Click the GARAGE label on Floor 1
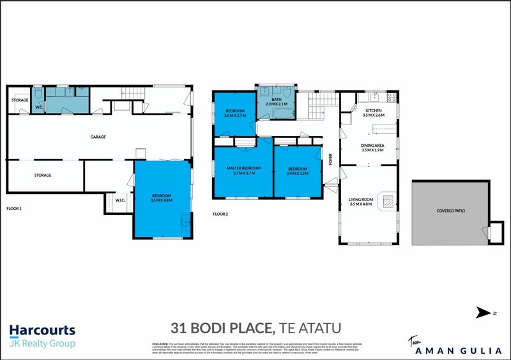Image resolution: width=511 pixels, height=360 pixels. tap(98, 137)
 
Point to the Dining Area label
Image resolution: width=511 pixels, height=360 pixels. tap(373, 148)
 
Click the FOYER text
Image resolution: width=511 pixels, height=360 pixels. tap(331, 159)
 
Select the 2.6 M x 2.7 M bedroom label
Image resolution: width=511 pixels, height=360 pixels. tap(235, 113)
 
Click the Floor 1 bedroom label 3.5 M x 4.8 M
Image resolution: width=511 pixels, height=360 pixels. tap(162, 198)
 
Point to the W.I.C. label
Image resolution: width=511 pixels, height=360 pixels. tap(120, 200)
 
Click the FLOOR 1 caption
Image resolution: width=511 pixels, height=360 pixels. tap(14, 208)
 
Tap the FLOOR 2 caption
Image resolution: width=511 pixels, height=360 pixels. tap(220, 214)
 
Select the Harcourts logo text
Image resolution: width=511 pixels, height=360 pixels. tap(42, 331)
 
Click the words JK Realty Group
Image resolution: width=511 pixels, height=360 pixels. tap(42, 344)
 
